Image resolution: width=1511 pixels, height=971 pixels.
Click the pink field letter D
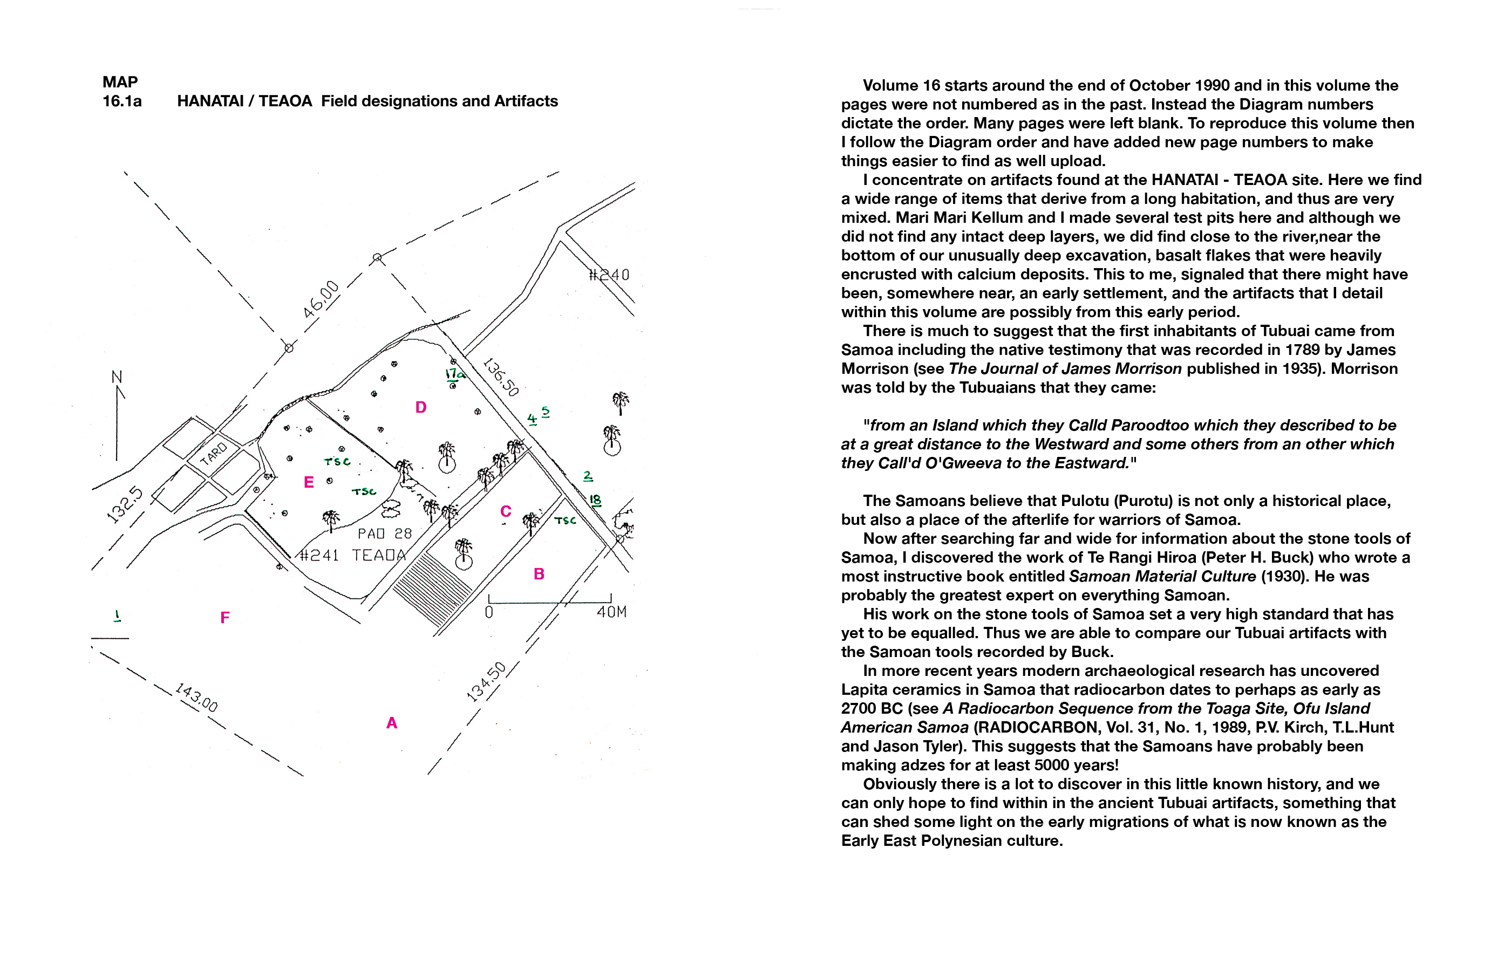420,407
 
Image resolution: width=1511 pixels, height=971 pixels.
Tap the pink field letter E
308,482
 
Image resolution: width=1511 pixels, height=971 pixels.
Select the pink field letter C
505,511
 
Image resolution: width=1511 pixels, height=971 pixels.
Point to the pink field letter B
539,574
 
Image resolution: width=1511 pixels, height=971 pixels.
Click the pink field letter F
224,617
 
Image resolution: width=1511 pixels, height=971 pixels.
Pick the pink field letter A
392,723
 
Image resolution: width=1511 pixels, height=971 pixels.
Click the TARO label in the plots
213,453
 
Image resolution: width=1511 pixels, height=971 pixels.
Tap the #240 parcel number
609,275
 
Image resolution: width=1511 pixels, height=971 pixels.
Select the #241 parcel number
318,556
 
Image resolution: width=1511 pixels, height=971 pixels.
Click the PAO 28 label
384,534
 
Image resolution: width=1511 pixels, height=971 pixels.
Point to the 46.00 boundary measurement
321,299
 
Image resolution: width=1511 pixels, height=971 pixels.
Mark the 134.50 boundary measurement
486,682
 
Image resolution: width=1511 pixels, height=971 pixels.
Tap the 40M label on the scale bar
611,612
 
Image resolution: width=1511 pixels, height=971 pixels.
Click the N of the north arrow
117,377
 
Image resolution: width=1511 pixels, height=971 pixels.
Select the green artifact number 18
595,500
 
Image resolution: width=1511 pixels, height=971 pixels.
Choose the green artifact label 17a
454,374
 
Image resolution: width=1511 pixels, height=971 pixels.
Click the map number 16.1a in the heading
122,101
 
